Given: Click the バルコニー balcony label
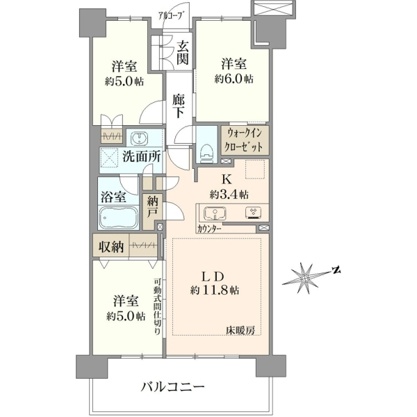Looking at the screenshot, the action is pyautogui.click(x=172, y=386).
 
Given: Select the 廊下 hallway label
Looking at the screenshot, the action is pyautogui.click(x=179, y=106).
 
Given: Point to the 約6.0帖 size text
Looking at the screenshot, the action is pyautogui.click(x=234, y=79).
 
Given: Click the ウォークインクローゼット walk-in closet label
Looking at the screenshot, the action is pyautogui.click(x=244, y=140).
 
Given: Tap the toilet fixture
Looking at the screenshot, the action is pyautogui.click(x=207, y=154).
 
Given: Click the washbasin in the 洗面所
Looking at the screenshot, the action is pyautogui.click(x=139, y=138).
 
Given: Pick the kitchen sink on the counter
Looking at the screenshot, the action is pyautogui.click(x=215, y=213).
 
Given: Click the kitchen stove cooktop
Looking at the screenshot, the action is pyautogui.click(x=254, y=213).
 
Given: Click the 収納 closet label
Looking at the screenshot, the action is pyautogui.click(x=111, y=247).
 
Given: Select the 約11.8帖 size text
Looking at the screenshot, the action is pyautogui.click(x=214, y=290).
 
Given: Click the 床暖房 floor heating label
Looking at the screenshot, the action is pyautogui.click(x=240, y=331).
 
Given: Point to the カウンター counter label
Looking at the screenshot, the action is pyautogui.click(x=210, y=229).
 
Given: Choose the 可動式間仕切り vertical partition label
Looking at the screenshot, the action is pyautogui.click(x=157, y=306).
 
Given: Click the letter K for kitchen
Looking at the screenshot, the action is pyautogui.click(x=227, y=180).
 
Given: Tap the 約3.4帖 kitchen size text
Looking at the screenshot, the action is pyautogui.click(x=229, y=195).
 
